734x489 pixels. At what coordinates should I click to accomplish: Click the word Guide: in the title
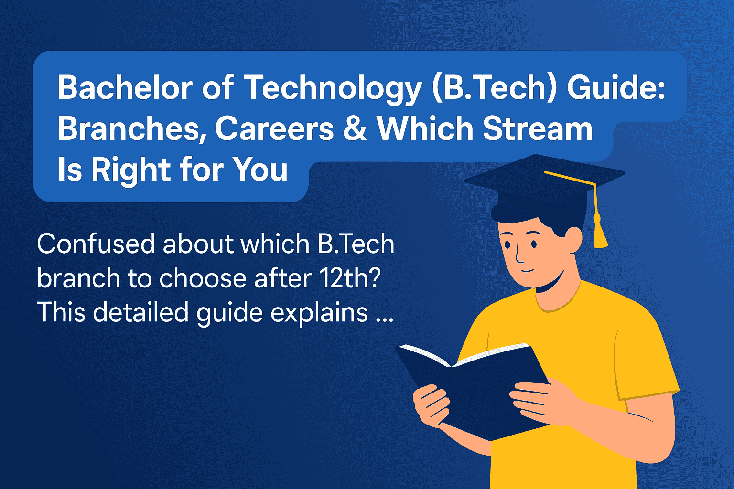coord(616,88)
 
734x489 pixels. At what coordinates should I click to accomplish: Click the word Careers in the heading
coord(274,129)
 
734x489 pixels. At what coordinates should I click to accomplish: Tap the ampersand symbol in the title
coord(355,129)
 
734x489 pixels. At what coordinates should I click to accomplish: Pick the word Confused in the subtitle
coord(95,244)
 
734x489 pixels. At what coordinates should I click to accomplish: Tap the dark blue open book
coord(478,387)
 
